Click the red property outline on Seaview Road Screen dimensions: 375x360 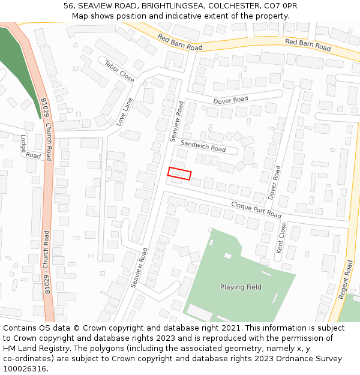(x=179, y=173)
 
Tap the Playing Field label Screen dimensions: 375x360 (x=241, y=287)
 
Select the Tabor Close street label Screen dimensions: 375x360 (x=119, y=71)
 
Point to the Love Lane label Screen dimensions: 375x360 (x=124, y=112)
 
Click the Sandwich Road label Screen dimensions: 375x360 (x=203, y=145)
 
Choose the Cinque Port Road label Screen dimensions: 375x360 (x=256, y=210)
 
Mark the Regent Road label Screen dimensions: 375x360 (x=344, y=280)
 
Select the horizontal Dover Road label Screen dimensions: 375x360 (x=230, y=100)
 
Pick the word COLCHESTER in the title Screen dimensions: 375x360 (x=233, y=5)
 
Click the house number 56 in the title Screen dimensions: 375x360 (x=69, y=5)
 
